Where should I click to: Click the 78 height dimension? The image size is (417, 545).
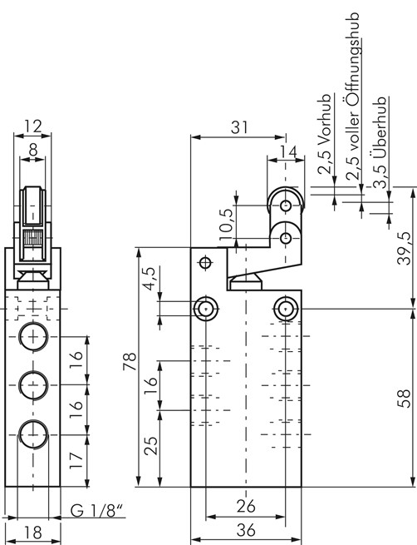click(130, 362)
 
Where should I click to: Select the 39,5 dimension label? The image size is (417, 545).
click(405, 248)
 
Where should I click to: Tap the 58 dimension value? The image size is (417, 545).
click(405, 399)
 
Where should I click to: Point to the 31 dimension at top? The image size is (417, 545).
click(240, 127)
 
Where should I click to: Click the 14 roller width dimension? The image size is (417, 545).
click(288, 152)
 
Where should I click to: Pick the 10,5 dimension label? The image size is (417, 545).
click(226, 225)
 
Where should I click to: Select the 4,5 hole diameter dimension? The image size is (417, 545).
click(151, 279)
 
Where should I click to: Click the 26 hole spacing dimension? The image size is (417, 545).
click(246, 507)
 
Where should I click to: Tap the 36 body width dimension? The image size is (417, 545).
click(246, 531)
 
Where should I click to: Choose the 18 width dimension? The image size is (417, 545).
click(33, 533)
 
